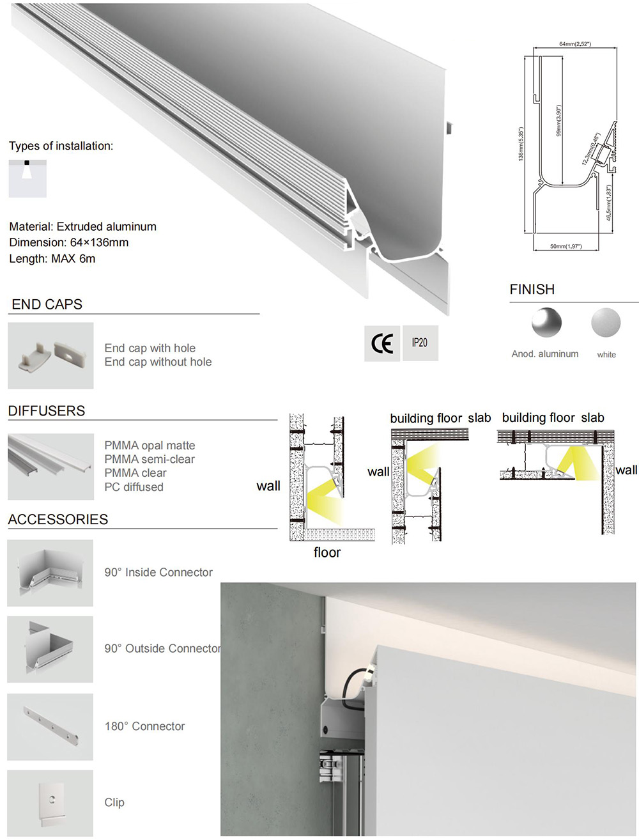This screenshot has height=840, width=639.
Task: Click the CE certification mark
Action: pos(382,344)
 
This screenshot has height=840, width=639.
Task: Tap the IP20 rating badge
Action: pos(420,343)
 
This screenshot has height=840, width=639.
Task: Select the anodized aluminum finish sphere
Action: pos(546,322)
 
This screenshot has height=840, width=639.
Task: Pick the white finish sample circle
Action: pos(606,322)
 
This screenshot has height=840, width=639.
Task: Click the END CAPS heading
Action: pos(47,305)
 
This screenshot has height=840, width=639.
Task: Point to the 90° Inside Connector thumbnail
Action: pos(50,573)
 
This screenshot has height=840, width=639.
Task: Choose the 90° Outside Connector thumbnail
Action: pos(50,649)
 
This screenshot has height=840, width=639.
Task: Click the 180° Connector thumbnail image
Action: pos(50,727)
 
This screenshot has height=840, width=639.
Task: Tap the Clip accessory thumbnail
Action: pos(50,803)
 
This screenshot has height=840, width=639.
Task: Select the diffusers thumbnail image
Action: pos(50,467)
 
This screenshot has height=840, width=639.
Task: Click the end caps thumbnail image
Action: pos(50,355)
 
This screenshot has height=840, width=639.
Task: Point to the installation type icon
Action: pos(27,178)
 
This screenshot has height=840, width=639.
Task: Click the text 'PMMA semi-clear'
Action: pos(150,459)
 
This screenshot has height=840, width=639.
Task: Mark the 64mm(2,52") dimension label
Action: pos(574,44)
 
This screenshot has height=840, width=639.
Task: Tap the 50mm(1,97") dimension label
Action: pos(566,246)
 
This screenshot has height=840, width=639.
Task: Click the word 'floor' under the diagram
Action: pos(327,552)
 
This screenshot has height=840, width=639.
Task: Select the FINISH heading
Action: pos(532,290)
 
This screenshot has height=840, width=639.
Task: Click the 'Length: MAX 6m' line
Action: pos(52,259)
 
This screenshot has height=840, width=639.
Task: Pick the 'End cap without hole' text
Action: pos(158,362)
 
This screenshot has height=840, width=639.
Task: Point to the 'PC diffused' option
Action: pos(134,487)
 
